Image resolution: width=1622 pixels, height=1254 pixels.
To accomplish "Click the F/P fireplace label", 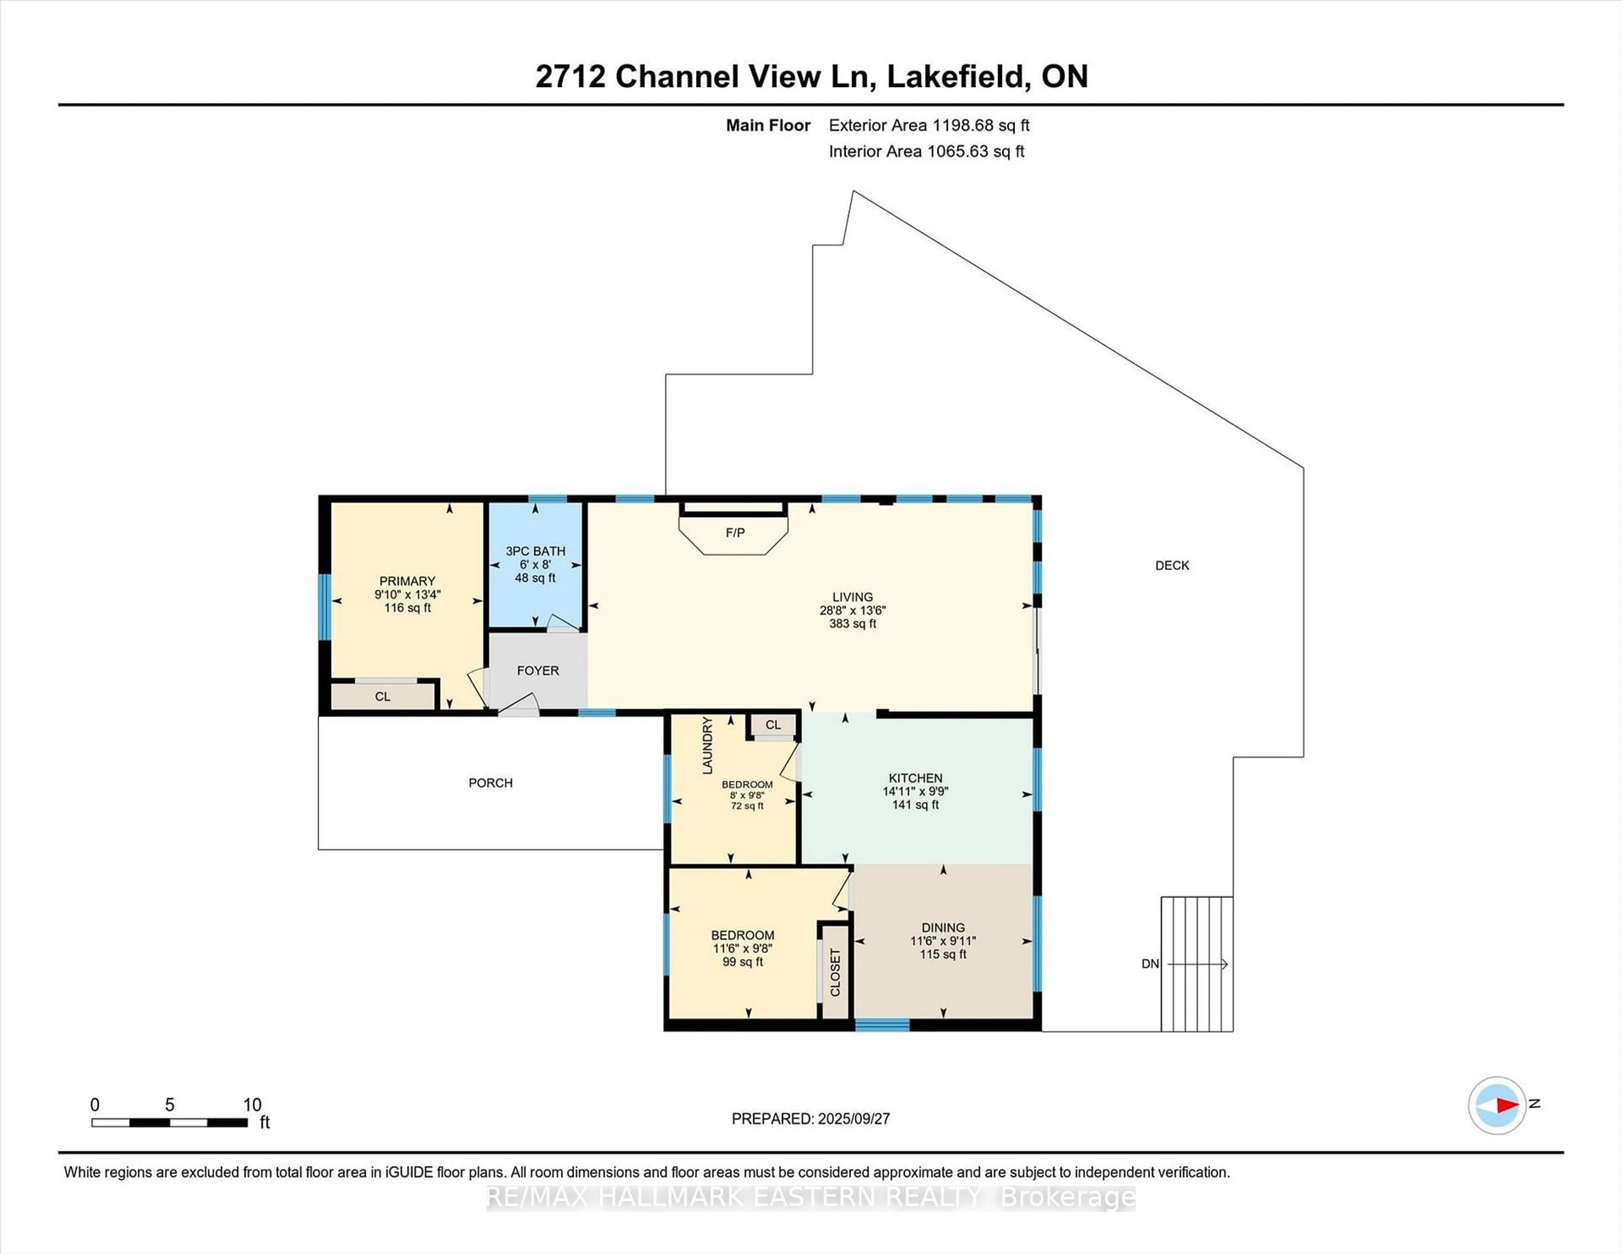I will tap(735, 533).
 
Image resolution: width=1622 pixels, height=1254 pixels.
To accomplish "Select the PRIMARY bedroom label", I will tap(407, 581).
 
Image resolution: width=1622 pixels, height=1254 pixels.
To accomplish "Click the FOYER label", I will tap(538, 671).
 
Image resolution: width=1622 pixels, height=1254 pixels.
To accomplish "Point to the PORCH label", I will tap(490, 783).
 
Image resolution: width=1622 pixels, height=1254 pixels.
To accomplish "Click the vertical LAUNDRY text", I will tap(707, 745).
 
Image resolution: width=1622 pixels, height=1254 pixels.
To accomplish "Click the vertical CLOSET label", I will tap(835, 973).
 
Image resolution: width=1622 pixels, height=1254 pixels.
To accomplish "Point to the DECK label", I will tap(1172, 565).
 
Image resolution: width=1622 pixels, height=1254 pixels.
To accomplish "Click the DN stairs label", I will tap(1150, 964).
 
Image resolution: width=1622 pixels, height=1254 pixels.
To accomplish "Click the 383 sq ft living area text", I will tap(852, 624).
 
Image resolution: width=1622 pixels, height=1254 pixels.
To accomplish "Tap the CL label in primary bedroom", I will tap(382, 697).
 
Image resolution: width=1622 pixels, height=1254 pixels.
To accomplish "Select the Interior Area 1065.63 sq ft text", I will tap(926, 152).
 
